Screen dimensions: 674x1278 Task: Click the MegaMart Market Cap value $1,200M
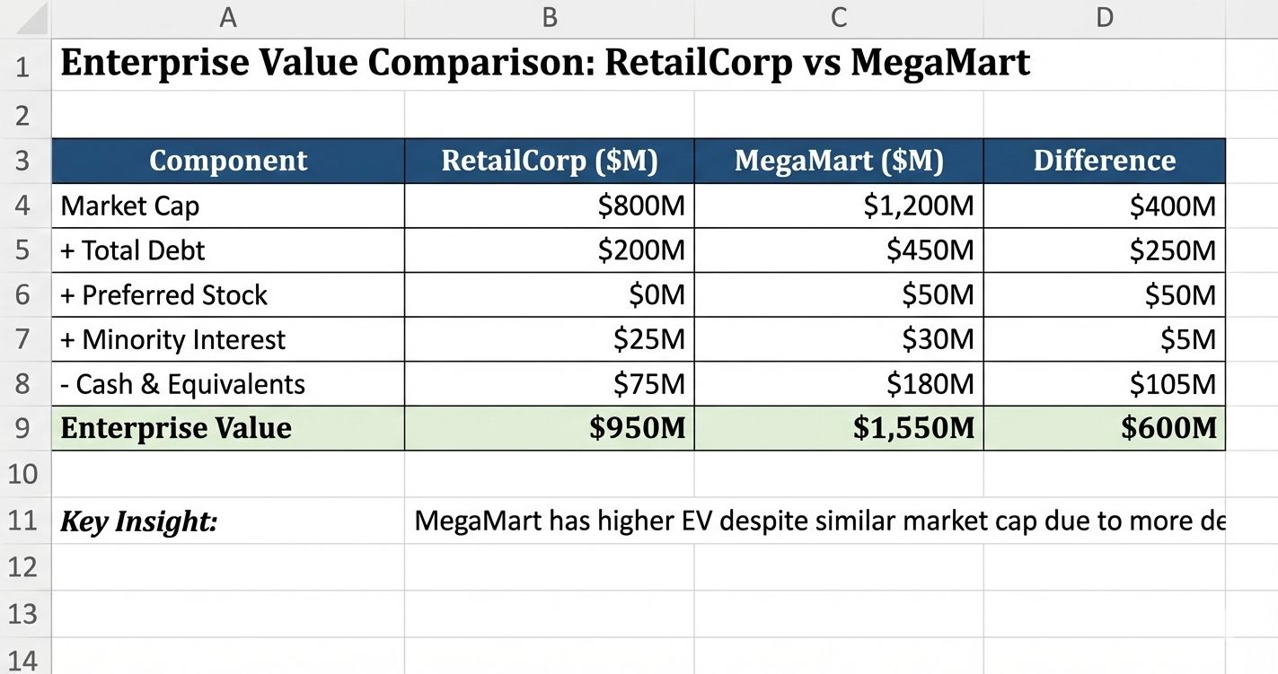(918, 206)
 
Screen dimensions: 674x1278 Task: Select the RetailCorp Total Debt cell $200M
(641, 250)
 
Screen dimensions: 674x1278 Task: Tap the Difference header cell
(1104, 161)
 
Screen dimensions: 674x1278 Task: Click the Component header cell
(228, 161)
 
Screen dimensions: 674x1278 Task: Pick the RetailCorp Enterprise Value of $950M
(638, 428)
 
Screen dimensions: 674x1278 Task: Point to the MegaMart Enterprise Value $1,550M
(913, 428)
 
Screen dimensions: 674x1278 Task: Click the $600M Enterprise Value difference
(1168, 428)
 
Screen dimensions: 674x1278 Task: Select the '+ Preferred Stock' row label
(163, 295)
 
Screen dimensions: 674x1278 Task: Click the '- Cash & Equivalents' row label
(182, 384)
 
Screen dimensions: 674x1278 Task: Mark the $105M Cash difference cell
(1172, 384)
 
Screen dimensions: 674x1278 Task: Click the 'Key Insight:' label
(138, 521)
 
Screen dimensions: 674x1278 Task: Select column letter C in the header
(838, 17)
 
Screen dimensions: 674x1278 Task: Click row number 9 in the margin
(22, 428)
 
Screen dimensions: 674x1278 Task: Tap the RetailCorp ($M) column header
(550, 161)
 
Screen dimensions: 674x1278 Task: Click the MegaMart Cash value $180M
(930, 384)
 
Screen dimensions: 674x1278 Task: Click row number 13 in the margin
(22, 614)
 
